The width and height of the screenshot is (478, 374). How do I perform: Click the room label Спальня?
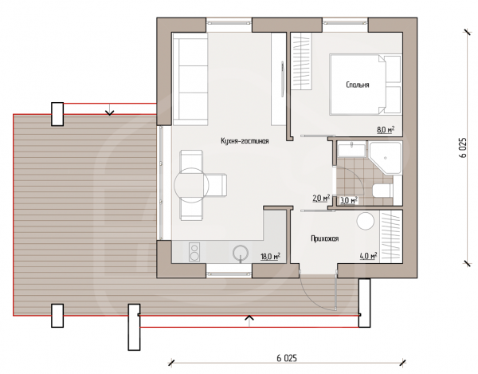[358, 85]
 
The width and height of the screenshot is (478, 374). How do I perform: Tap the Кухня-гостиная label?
[245, 141]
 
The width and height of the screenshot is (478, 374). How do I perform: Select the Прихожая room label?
[325, 238]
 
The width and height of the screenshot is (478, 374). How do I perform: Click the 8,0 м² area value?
[386, 130]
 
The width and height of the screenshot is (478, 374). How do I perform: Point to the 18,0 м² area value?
[271, 256]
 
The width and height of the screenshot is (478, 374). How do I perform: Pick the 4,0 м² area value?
[369, 256]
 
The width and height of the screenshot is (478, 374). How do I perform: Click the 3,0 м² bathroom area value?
[349, 200]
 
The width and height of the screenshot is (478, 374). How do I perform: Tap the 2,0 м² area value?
[322, 199]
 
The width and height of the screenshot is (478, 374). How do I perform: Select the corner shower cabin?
[386, 157]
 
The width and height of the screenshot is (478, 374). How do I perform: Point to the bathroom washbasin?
[351, 149]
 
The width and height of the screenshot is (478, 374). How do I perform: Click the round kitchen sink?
[241, 253]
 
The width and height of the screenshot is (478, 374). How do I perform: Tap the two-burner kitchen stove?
[194, 252]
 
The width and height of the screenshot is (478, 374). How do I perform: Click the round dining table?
[191, 185]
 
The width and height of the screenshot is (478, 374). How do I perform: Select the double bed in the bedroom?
[366, 85]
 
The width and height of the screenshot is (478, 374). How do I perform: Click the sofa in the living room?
[190, 79]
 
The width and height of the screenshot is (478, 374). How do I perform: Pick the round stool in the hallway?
[366, 222]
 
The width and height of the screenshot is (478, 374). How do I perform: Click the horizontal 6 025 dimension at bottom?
[287, 358]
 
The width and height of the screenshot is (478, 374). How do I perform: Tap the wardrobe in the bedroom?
[301, 61]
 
